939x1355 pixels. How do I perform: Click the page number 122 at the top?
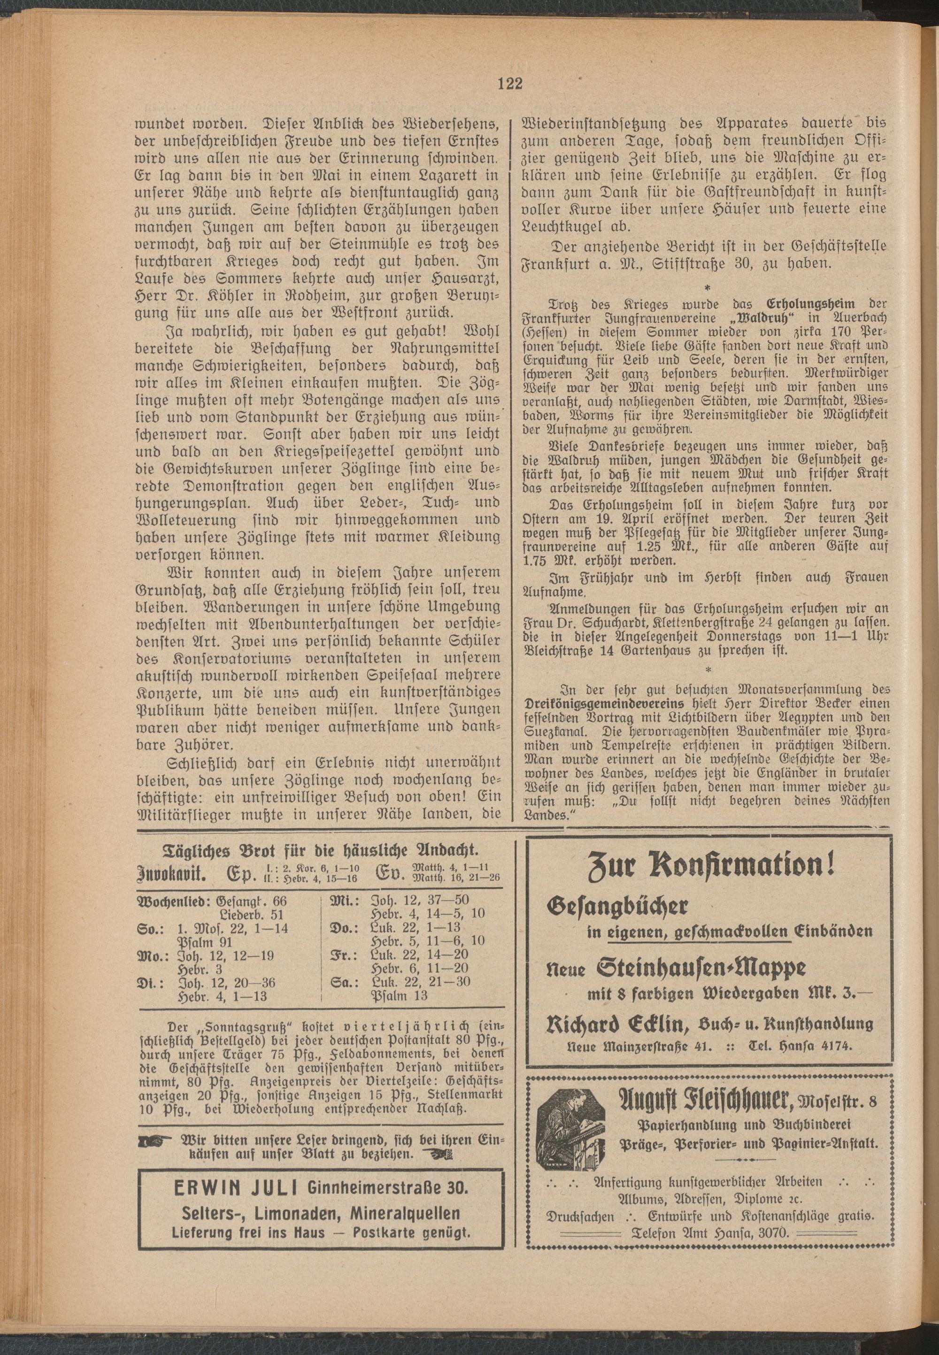coord(509,84)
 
